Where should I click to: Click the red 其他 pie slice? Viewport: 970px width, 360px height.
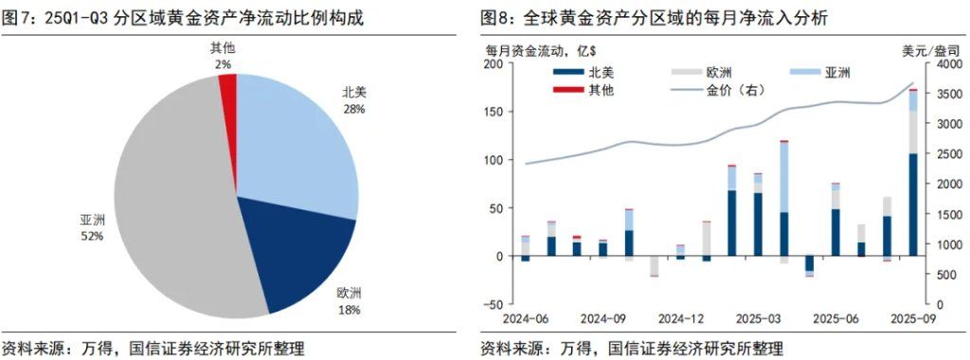coord(227,88)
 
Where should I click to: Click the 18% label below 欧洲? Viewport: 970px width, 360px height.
coord(350,309)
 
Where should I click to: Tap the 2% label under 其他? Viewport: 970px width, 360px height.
coord(223,63)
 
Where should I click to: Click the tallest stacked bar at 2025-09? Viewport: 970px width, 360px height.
coord(914,189)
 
